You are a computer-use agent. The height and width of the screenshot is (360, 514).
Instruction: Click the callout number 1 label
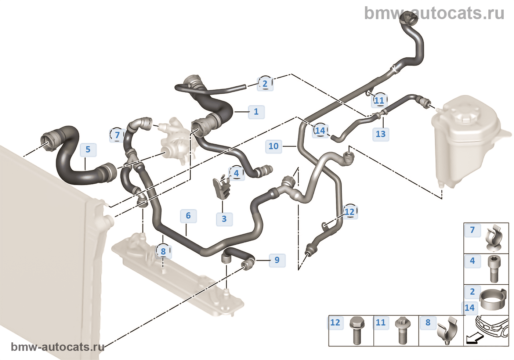[256, 112]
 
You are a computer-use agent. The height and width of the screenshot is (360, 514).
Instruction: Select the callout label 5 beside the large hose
[88, 150]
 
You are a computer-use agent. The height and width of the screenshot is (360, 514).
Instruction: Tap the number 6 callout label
[188, 216]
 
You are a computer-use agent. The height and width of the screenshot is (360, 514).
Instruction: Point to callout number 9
[277, 260]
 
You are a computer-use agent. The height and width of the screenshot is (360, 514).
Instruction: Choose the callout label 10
[274, 146]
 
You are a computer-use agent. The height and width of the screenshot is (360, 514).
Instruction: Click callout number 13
[381, 134]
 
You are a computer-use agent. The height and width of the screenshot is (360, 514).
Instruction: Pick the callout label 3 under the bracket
[224, 219]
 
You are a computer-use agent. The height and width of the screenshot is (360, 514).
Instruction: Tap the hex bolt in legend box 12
[356, 331]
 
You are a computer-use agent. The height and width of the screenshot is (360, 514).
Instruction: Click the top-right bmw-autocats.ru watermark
[434, 14]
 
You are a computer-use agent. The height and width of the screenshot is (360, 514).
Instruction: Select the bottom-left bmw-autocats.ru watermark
[58, 347]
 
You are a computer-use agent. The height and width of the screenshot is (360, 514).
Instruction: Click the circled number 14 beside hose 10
[320, 130]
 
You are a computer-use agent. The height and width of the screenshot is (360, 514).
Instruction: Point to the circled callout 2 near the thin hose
[265, 84]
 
